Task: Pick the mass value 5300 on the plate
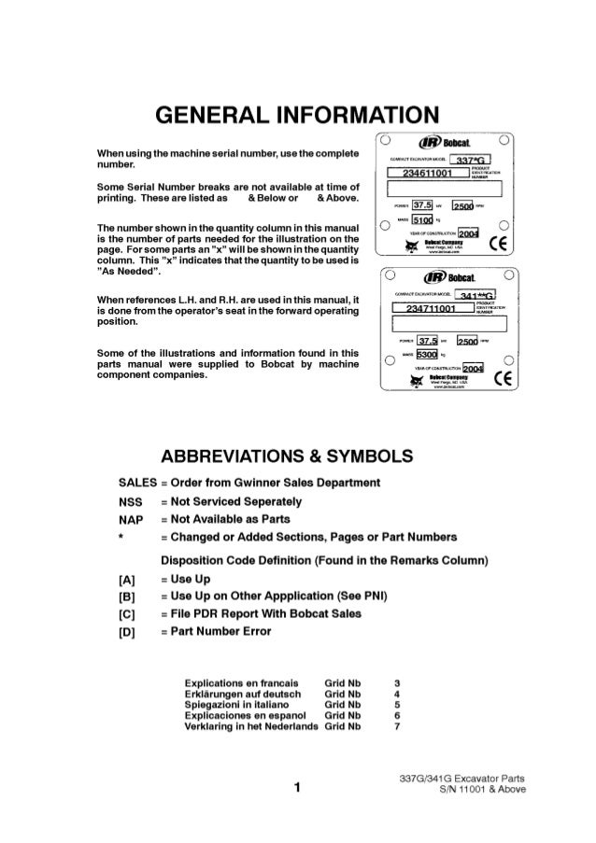[x=427, y=356]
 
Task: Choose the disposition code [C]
[x=128, y=613]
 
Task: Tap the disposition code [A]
[x=128, y=578]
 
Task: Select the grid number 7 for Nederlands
[x=397, y=725]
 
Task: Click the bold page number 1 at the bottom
[x=296, y=788]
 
